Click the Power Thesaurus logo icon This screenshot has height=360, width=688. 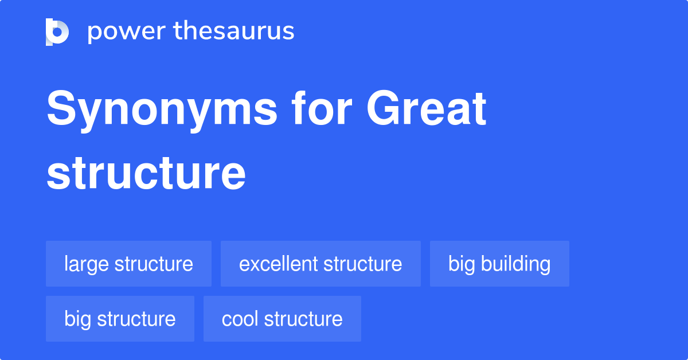[x=57, y=32]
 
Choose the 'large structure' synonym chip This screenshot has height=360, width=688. [x=128, y=264]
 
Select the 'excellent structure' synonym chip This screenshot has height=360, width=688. [x=320, y=264]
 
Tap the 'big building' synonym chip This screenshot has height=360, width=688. [x=499, y=264]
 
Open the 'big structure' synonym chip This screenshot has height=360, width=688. [x=120, y=319]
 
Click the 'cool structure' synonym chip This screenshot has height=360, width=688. [x=282, y=319]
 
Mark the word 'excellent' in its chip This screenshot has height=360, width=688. [x=278, y=264]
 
